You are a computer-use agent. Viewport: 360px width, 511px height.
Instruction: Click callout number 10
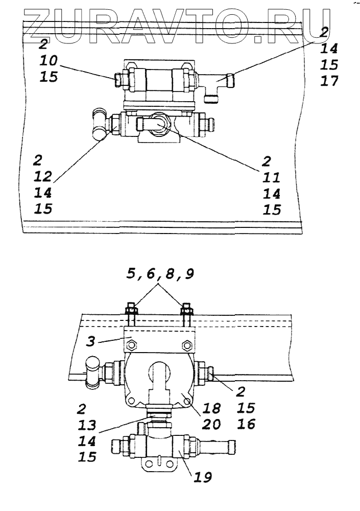pyautogui.click(x=50, y=61)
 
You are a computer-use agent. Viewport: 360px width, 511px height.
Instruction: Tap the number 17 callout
pyautogui.click(x=330, y=81)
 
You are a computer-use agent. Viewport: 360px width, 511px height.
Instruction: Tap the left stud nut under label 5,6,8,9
pyautogui.click(x=130, y=308)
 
